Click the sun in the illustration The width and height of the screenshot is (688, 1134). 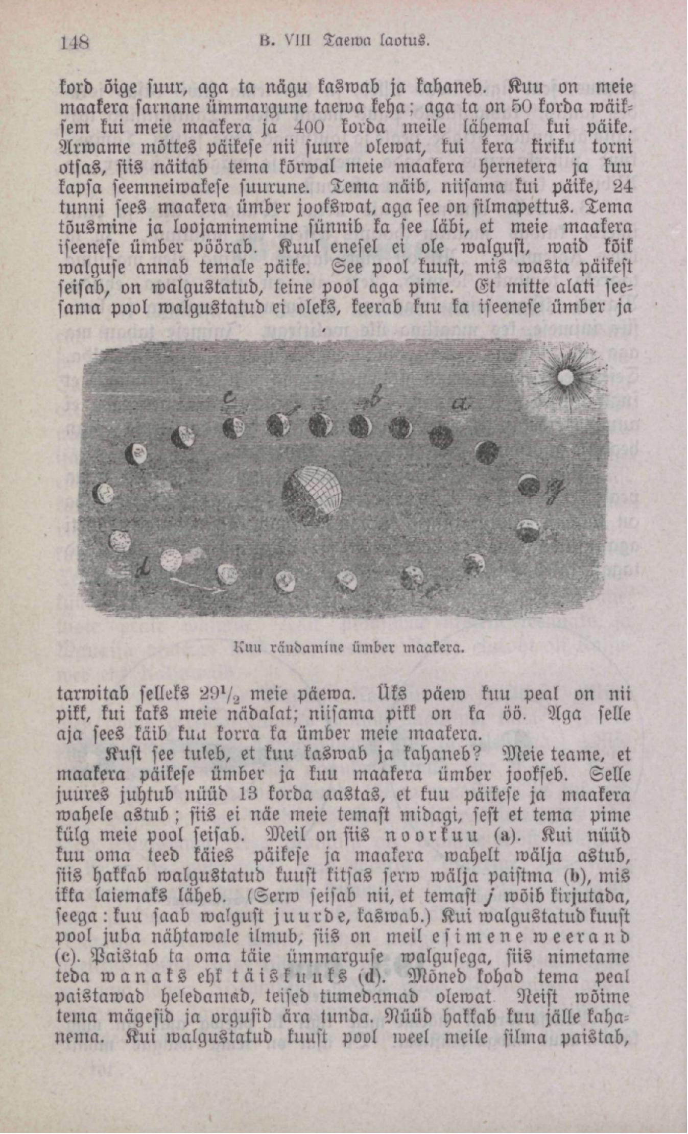[x=565, y=378]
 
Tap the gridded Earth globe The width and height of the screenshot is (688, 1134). [x=312, y=497]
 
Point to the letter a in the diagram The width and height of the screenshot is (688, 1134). [x=460, y=404]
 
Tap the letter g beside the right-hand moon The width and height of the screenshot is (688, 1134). [x=555, y=492]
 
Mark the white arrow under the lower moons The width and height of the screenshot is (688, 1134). [x=197, y=584]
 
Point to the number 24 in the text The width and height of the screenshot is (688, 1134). [x=621, y=186]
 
